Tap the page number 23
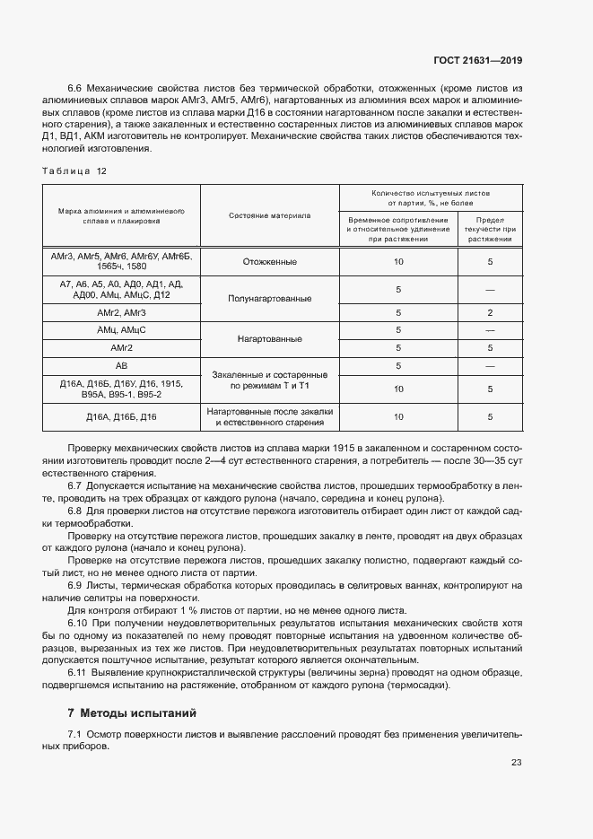[x=516, y=763]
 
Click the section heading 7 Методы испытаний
[x=133, y=712]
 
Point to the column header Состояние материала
[x=269, y=216]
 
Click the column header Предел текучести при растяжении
[x=491, y=229]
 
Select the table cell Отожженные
[x=269, y=262]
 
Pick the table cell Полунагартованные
[x=269, y=297]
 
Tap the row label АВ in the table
[x=122, y=366]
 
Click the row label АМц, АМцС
[x=122, y=330]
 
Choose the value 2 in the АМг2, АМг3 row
[x=491, y=312]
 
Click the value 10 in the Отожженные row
[x=398, y=262]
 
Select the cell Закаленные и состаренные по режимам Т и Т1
[x=269, y=380]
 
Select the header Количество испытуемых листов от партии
[x=431, y=197]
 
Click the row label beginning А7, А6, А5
[x=122, y=289]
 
